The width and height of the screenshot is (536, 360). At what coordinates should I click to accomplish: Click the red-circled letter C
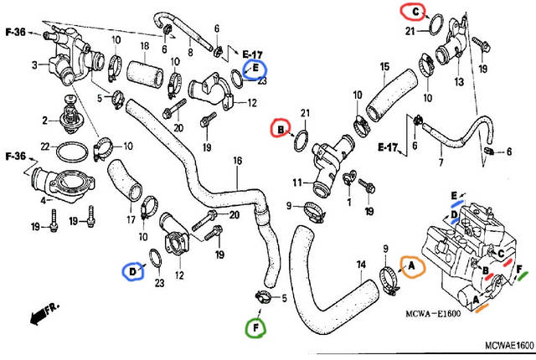pyautogui.click(x=412, y=11)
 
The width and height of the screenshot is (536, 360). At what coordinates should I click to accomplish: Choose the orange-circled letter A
pyautogui.click(x=411, y=266)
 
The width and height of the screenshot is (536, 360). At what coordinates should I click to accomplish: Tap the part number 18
pyautogui.click(x=144, y=46)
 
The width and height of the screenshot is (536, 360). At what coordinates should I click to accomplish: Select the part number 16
pyautogui.click(x=237, y=161)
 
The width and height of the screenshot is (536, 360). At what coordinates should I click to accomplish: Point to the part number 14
pyautogui.click(x=361, y=266)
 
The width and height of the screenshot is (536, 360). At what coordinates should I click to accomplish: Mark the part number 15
pyautogui.click(x=384, y=66)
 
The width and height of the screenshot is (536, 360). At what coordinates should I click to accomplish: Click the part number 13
pyautogui.click(x=458, y=82)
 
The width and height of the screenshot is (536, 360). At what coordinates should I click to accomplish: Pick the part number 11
pyautogui.click(x=296, y=182)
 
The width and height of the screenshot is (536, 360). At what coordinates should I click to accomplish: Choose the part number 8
pyautogui.click(x=190, y=52)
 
